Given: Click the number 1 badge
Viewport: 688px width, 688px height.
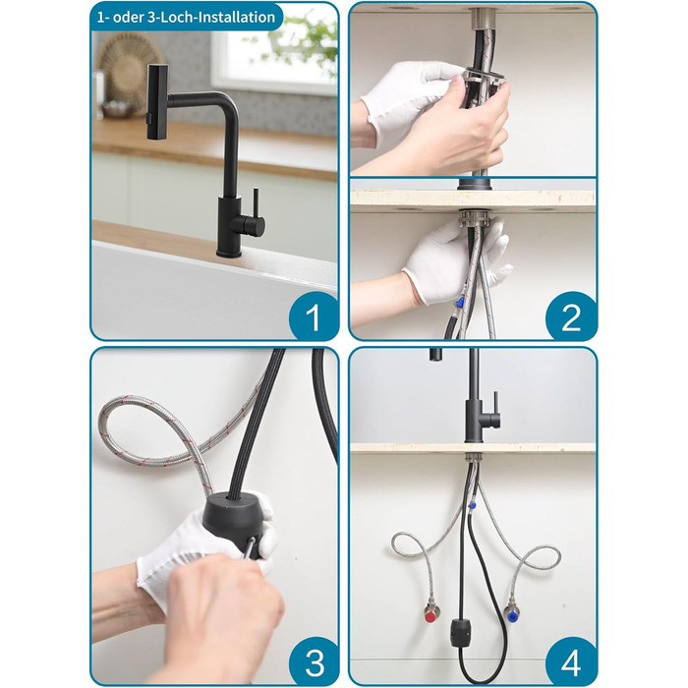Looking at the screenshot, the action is (314, 316).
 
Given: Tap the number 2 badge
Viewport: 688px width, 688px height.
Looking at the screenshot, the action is (570, 316).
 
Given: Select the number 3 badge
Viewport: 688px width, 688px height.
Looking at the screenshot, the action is (315, 661).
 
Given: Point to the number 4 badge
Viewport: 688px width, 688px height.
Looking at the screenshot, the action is (570, 661).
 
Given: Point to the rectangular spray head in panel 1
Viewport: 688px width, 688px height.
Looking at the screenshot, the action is (157, 102).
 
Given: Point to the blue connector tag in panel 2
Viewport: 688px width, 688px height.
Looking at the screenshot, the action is (460, 302).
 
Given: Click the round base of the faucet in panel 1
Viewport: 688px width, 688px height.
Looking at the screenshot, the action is (229, 254).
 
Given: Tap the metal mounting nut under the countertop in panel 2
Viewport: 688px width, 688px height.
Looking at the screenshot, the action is (475, 219).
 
